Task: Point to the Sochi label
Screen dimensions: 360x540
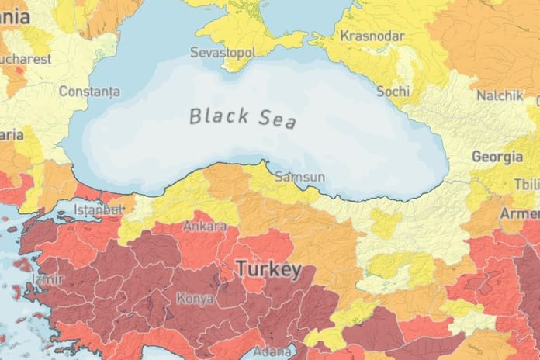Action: click(x=393, y=91)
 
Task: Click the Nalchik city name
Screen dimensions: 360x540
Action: click(x=497, y=95)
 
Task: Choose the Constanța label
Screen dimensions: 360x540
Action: click(x=89, y=92)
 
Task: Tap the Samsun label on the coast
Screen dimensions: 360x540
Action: click(x=299, y=176)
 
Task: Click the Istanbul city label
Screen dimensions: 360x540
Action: click(x=98, y=209)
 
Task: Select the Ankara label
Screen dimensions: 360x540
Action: click(x=204, y=227)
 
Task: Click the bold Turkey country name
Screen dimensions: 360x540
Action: click(x=268, y=270)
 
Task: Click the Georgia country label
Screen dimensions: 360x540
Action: click(x=497, y=157)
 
